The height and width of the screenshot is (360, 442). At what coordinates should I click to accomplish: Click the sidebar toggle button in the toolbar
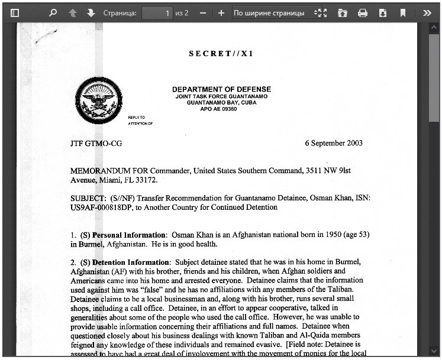click(15, 12)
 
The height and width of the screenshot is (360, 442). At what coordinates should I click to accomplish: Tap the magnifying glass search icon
click(53, 12)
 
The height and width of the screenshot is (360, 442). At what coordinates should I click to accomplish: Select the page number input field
click(157, 12)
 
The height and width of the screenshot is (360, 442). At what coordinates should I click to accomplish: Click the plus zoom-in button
click(221, 12)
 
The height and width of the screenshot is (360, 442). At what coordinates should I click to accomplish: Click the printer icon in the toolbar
click(363, 12)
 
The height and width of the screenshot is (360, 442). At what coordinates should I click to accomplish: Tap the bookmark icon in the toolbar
click(403, 12)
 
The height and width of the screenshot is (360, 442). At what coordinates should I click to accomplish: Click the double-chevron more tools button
click(427, 12)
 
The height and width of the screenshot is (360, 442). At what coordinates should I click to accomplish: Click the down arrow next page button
click(91, 12)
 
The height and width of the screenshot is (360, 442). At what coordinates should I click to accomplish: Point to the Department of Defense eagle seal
click(98, 101)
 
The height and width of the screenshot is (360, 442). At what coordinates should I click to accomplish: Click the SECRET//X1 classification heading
click(221, 54)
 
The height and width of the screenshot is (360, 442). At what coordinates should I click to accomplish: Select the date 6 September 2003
click(334, 143)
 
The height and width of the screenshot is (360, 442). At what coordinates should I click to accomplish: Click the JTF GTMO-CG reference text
click(96, 143)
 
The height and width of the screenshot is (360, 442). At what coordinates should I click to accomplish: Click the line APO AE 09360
click(218, 109)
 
